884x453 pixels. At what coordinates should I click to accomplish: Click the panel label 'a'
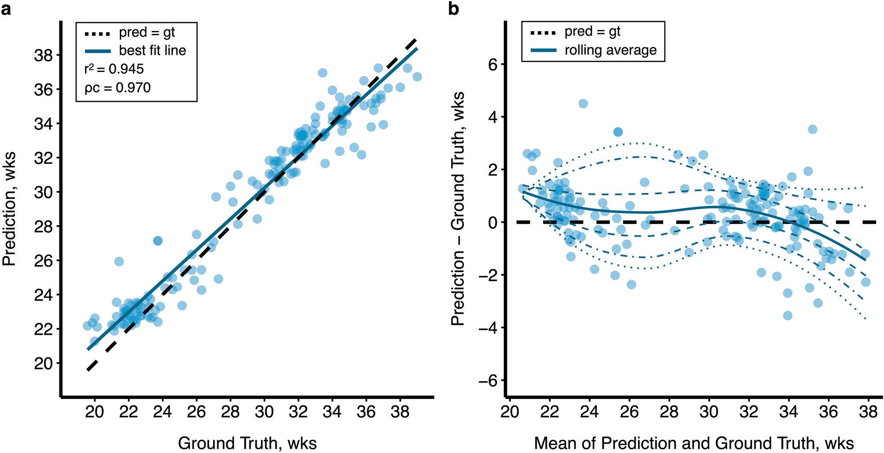[x=6, y=8]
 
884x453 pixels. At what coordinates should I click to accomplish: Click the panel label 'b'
[x=454, y=8]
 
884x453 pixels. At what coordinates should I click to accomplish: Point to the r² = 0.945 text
[x=114, y=69]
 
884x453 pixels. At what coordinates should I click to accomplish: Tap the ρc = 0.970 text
[x=118, y=88]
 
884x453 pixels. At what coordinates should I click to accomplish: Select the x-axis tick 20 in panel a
[x=94, y=412]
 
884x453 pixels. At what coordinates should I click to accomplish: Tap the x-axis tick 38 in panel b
[x=868, y=412]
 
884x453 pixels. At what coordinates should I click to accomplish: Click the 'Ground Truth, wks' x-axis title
[x=247, y=443]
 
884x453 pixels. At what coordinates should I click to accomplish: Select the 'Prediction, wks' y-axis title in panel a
[x=10, y=209]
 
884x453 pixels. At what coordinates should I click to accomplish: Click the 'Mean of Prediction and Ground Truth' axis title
[x=694, y=443]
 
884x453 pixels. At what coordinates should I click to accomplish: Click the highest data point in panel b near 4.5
[x=583, y=104]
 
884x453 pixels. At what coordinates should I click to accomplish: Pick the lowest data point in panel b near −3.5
[x=788, y=316]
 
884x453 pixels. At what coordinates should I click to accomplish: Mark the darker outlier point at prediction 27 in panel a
[x=158, y=241]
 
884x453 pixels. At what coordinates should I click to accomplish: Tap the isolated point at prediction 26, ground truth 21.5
[x=119, y=261]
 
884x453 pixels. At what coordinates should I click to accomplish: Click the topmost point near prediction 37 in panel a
[x=322, y=73]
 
